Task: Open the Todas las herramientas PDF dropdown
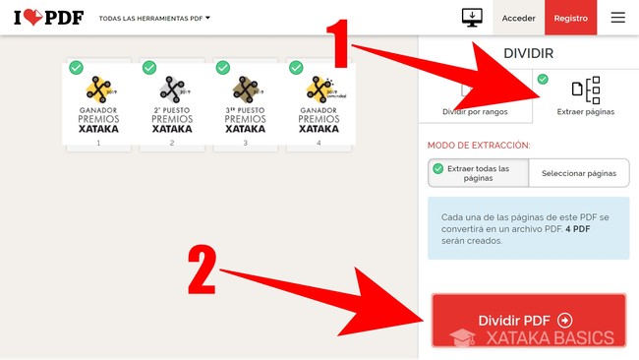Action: [x=154, y=19]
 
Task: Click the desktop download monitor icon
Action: [x=472, y=18]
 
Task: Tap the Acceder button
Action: [x=518, y=18]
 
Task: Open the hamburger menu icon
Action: [x=617, y=17]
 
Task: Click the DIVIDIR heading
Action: [x=529, y=53]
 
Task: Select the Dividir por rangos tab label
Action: [x=475, y=112]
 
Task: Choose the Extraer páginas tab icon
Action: [x=586, y=90]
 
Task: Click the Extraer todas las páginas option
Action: [x=478, y=173]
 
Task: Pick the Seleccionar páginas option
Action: [x=579, y=173]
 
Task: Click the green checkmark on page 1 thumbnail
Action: [x=77, y=67]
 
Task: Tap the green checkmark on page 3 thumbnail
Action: [x=223, y=67]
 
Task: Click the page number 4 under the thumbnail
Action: [x=319, y=143]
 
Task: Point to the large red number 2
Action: [x=203, y=270]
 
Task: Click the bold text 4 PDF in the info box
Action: [x=578, y=229]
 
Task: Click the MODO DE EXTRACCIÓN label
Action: [x=479, y=146]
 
